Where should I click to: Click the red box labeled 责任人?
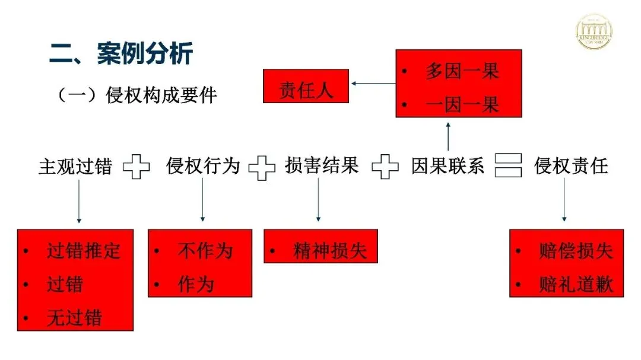[306, 91]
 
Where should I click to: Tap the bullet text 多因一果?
[462, 71]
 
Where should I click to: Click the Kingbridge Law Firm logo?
[595, 31]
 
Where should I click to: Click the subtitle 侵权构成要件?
[161, 95]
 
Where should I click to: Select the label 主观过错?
[75, 166]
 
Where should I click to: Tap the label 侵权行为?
[203, 166]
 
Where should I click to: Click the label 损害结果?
[322, 166]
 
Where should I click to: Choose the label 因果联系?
[448, 166]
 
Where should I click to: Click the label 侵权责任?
[571, 166]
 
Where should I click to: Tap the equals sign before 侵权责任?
[509, 166]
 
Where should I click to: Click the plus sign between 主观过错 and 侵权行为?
[137, 167]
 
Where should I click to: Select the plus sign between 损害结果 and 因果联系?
[385, 167]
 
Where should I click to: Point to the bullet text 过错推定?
[84, 251]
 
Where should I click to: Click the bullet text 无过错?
[75, 318]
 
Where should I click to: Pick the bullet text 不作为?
[205, 251]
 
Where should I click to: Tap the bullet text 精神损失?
[330, 251]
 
